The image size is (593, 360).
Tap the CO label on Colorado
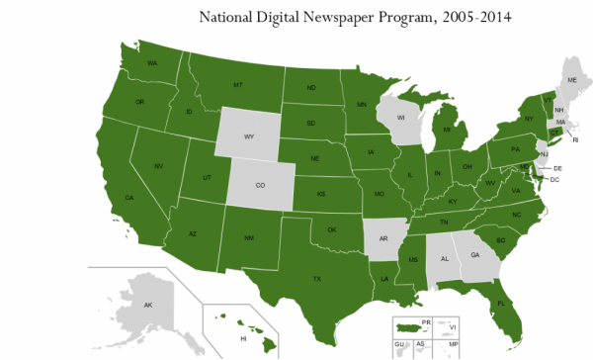[261, 184]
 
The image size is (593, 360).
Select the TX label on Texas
[317, 279]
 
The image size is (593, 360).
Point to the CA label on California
[128, 198]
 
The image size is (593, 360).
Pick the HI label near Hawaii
[243, 338]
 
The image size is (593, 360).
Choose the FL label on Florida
[501, 303]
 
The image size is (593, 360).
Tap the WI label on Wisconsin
[401, 118]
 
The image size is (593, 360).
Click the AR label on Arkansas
[383, 238]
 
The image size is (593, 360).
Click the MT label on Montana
[238, 85]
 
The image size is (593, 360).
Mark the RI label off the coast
[575, 140]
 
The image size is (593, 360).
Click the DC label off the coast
[554, 179]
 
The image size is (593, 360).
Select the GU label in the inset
[400, 343]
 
